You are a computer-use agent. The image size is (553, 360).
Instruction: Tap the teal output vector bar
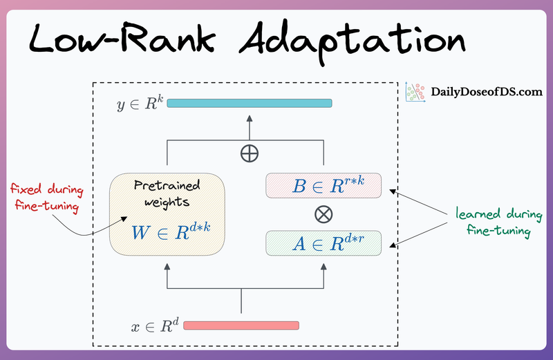pyautogui.click(x=250, y=104)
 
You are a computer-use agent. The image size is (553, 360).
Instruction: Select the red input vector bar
pyautogui.click(x=241, y=325)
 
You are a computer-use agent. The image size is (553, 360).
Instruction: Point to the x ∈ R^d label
pyautogui.click(x=156, y=325)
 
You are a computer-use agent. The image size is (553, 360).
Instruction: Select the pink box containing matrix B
pyautogui.click(x=324, y=185)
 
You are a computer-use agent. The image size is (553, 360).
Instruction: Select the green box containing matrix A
pyautogui.click(x=324, y=243)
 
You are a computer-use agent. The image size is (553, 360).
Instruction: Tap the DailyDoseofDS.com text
pyautogui.click(x=487, y=91)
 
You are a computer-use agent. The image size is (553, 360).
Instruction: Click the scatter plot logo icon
pyautogui.click(x=415, y=93)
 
